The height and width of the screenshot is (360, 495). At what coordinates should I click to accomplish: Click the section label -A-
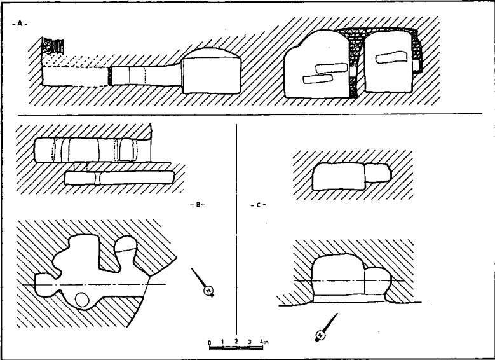20,24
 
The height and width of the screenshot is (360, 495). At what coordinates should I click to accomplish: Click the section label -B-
198,205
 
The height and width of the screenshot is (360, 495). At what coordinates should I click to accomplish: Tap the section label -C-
258,205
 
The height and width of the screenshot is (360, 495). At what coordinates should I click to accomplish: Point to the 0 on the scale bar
209,343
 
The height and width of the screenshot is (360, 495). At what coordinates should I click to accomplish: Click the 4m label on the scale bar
264,342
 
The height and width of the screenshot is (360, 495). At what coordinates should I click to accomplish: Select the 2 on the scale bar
236,342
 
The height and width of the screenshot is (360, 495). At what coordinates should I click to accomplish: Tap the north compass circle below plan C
321,335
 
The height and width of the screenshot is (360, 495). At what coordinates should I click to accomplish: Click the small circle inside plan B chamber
82,300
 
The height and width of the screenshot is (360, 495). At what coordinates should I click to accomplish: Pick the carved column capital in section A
53,46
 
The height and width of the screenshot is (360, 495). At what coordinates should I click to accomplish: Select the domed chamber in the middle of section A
212,71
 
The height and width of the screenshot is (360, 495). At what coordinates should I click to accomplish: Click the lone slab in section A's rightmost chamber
391,57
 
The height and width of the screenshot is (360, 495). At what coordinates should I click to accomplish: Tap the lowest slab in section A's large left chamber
318,79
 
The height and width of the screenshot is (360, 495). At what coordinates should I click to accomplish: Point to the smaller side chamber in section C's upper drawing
378,173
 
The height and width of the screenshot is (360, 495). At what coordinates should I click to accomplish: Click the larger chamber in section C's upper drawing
339,176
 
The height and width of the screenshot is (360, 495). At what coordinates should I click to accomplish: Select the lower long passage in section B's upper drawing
119,177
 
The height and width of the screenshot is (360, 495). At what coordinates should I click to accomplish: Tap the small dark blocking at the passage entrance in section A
110,76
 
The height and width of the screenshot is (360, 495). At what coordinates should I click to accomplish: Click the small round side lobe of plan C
378,281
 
